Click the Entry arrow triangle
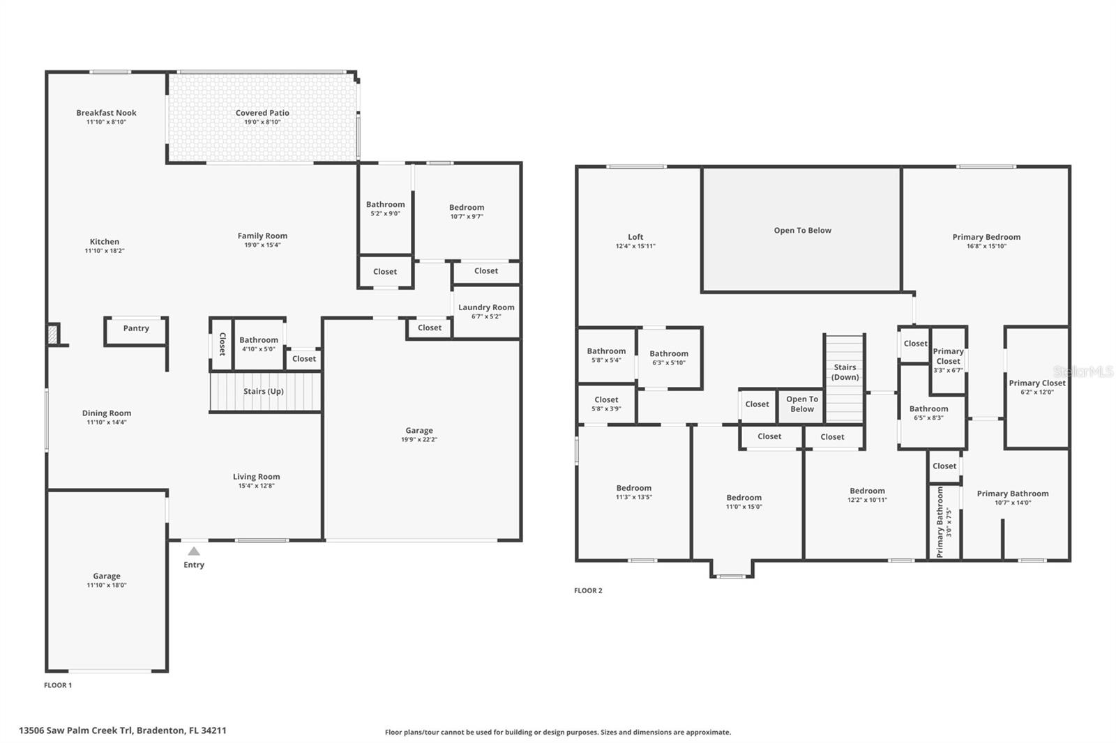[194, 551]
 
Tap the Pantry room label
[136, 328]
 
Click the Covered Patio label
[262, 113]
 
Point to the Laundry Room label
[486, 307]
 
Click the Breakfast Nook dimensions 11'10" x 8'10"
[106, 122]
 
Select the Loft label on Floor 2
[635, 237]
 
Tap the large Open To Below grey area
[802, 231]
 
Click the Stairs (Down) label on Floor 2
[845, 372]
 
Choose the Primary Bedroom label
[986, 237]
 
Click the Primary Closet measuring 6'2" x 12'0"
[1036, 387]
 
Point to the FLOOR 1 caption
[58, 685]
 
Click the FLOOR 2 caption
[588, 590]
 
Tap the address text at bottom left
[123, 730]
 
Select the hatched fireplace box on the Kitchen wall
[53, 335]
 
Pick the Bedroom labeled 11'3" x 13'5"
[633, 492]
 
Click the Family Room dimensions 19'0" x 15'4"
[262, 245]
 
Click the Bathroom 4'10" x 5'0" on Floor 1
[258, 344]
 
